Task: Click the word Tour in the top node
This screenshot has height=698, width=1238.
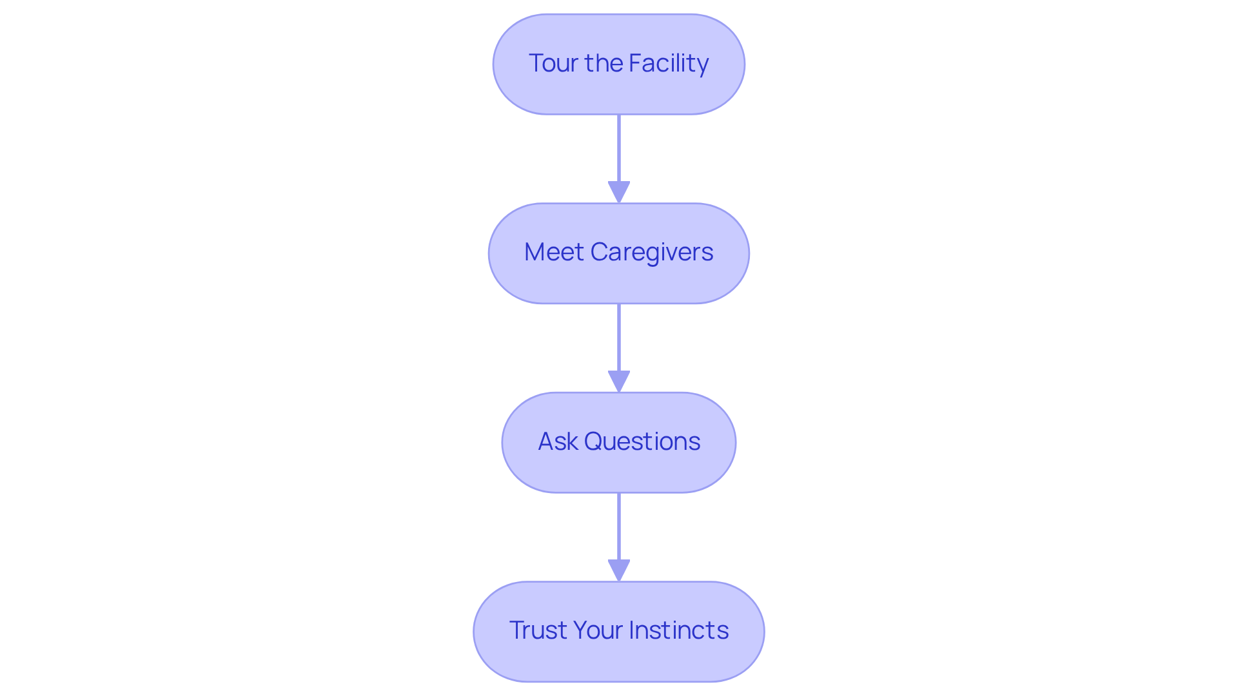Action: (x=554, y=63)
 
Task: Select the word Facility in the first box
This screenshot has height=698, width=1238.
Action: (x=668, y=63)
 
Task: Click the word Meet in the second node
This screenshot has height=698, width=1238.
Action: (x=554, y=252)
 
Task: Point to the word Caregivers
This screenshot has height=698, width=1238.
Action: (x=651, y=252)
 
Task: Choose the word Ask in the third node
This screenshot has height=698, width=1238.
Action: (x=558, y=441)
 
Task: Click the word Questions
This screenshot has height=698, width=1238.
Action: (x=642, y=441)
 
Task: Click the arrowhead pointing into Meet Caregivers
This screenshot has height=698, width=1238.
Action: (x=619, y=192)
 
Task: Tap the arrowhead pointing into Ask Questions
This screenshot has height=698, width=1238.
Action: (x=619, y=381)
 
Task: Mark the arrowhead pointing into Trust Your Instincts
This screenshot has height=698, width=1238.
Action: (x=619, y=570)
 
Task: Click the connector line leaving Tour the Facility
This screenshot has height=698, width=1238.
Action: (x=619, y=148)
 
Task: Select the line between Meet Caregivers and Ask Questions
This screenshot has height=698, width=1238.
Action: (x=619, y=337)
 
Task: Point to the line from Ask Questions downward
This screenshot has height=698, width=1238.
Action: (x=619, y=526)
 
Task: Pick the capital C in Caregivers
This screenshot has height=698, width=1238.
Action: (x=599, y=252)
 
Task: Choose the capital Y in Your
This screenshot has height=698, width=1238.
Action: (x=578, y=630)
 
